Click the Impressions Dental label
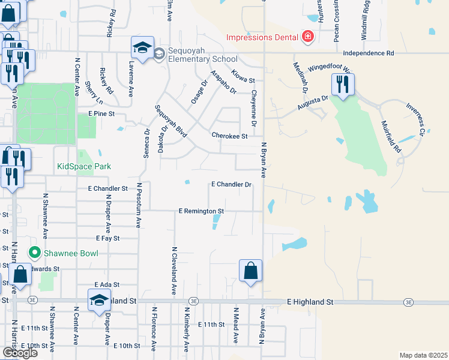coord(262,37)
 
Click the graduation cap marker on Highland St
coord(100,301)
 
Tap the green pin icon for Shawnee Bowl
coord(34,253)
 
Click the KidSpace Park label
coord(84,166)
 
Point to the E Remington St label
coord(201,211)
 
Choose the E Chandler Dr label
coord(231,185)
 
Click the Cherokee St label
coord(229,136)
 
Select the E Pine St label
coord(101,113)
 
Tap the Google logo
coord(20,352)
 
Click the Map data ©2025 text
coord(424,356)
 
